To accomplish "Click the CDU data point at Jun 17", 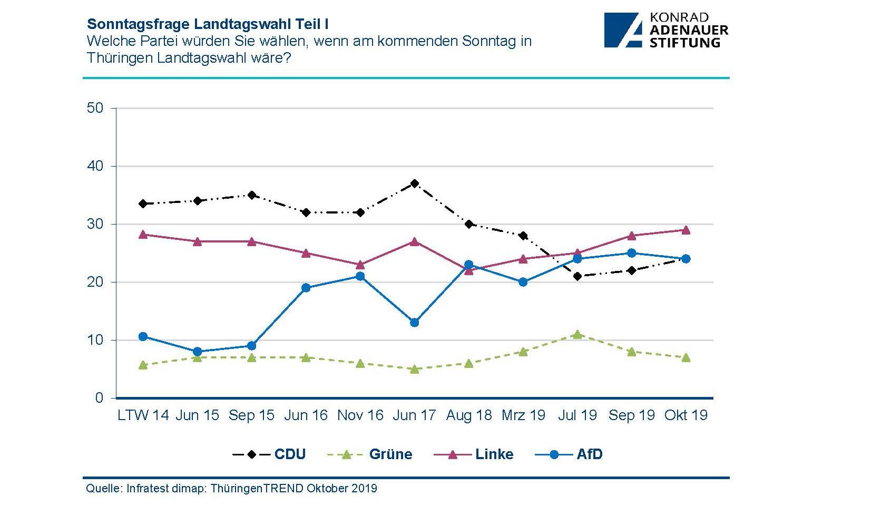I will click(415, 183).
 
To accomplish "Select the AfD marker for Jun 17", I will click(415, 323).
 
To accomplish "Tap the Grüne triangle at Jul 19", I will click(578, 334).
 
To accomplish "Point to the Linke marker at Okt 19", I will click(686, 230).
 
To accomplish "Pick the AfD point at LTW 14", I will click(143, 336).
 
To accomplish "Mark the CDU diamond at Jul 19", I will click(578, 276).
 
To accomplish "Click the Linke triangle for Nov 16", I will click(360, 265).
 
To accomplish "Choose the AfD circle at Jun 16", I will click(306, 288).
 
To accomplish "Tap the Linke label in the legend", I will click(494, 454).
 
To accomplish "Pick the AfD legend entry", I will click(589, 454).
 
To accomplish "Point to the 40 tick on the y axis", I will click(95, 166).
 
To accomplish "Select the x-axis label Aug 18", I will click(469, 415).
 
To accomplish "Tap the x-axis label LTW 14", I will click(143, 415).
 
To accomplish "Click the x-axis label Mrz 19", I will click(523, 415).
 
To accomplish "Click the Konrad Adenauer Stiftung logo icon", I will click(624, 31).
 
